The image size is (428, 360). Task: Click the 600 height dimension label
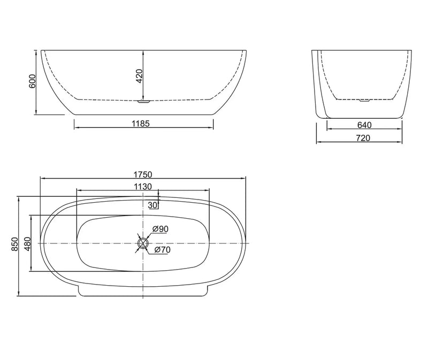(x=32, y=82)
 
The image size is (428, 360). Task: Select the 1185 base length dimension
(x=143, y=123)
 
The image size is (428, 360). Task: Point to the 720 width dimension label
(x=364, y=138)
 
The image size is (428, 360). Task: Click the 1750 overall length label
(x=143, y=174)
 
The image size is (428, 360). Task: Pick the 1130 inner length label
(x=143, y=186)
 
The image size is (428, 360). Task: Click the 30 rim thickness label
(x=152, y=205)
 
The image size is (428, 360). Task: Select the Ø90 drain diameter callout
(x=160, y=229)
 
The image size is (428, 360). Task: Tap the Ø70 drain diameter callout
(x=162, y=250)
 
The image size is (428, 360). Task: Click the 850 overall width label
(x=15, y=245)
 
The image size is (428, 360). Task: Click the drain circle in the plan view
(x=143, y=243)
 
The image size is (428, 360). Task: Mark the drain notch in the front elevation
(x=143, y=99)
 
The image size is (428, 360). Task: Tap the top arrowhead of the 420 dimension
(x=143, y=52)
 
